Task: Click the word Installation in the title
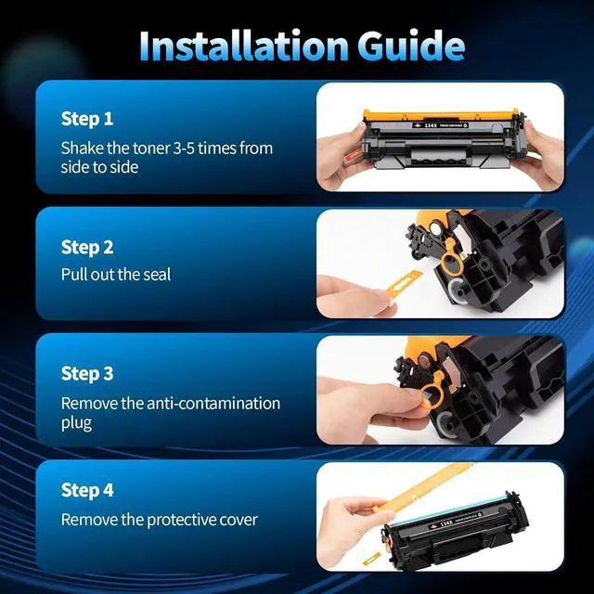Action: coord(243,45)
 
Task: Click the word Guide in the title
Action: coord(411,45)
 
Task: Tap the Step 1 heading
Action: coord(87,119)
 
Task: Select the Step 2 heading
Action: coord(87,248)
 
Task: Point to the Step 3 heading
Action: coord(87,373)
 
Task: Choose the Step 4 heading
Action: coord(87,490)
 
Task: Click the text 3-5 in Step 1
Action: coord(184,148)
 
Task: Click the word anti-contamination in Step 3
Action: coord(213,404)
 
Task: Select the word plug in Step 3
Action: coord(76,423)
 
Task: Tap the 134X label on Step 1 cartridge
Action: coord(431,125)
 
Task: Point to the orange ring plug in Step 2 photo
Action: coord(451,256)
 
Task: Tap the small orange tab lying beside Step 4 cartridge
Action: coord(371,559)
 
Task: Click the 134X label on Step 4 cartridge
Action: coord(446,523)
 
